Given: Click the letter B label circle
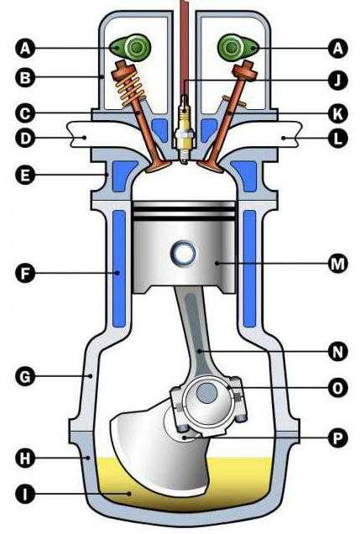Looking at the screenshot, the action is coord(25,77).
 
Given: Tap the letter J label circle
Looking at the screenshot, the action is coord(337,81).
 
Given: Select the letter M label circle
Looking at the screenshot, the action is coord(337,264).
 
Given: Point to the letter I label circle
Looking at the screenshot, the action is coord(25,494).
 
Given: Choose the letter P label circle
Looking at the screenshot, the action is coord(337,437).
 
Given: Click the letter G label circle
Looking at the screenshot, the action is coord(25,376).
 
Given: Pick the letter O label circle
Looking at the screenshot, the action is coord(337,388).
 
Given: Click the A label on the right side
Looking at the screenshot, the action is coord(337,48).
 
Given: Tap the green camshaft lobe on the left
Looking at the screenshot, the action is coord(130,47).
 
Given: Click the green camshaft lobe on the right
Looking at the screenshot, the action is coord(238,47).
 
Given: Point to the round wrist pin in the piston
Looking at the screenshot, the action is coord(183,253).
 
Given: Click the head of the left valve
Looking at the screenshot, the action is coord(159,166).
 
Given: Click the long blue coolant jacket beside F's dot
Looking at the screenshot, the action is coord(119,269).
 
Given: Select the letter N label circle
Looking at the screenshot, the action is coord(337,351).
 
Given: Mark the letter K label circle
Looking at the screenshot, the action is coord(337,113).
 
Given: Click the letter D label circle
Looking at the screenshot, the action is coord(25,138).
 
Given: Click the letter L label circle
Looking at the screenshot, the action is coord(337,138).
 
